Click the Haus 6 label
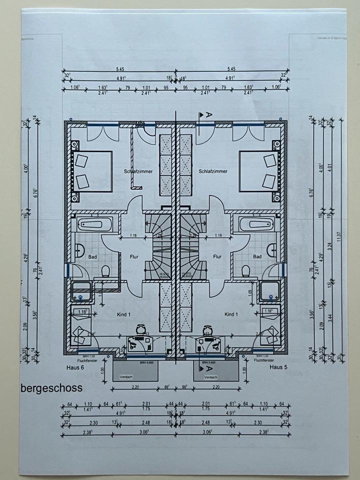(x=76, y=367)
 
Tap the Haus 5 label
(x=279, y=367)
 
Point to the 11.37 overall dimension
(x=338, y=236)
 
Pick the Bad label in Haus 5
(x=257, y=256)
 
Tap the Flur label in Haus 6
(x=133, y=256)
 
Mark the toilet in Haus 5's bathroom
(x=245, y=271)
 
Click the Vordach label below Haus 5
(x=211, y=376)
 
